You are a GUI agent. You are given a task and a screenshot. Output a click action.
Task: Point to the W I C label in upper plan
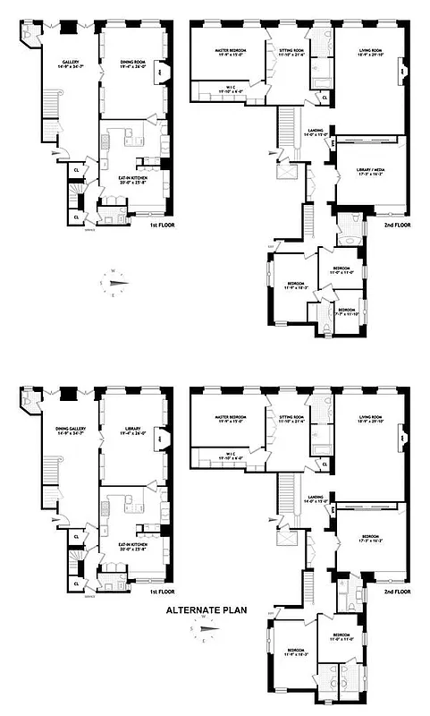point(231,88)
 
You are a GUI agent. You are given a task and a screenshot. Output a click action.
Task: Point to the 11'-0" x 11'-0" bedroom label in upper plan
point(343,269)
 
